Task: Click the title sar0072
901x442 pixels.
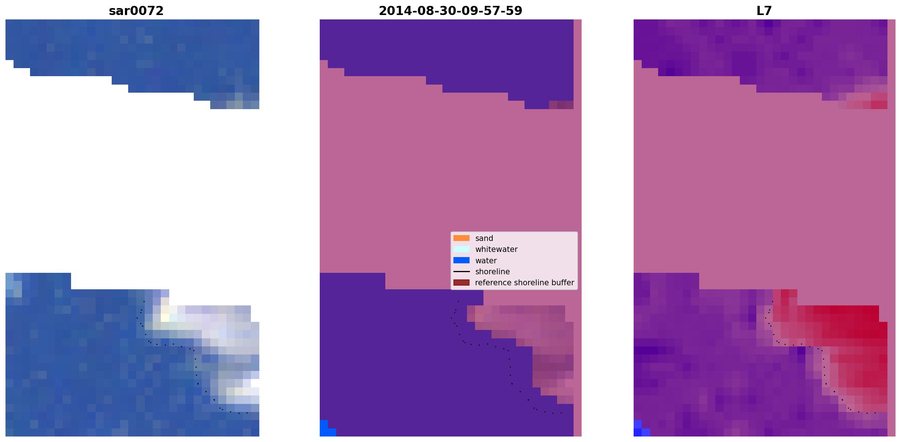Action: click(136, 11)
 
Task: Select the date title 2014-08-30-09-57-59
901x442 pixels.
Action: click(450, 11)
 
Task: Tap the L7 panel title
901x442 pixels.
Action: click(764, 11)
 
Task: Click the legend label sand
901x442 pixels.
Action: click(484, 238)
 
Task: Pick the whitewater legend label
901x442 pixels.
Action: click(496, 249)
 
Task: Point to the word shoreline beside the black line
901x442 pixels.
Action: click(492, 272)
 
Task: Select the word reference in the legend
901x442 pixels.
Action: click(493, 283)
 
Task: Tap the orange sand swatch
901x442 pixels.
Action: click(461, 238)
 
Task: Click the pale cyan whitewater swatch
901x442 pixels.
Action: click(461, 249)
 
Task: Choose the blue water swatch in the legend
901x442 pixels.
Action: click(461, 260)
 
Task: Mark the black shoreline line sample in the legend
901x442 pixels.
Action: click(461, 272)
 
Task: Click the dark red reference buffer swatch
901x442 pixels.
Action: click(461, 283)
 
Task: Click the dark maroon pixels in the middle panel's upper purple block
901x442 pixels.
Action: click(561, 105)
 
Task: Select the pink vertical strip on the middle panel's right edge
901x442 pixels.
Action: click(578, 228)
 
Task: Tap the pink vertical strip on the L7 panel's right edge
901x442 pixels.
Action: click(891, 228)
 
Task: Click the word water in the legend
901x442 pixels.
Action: click(486, 261)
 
